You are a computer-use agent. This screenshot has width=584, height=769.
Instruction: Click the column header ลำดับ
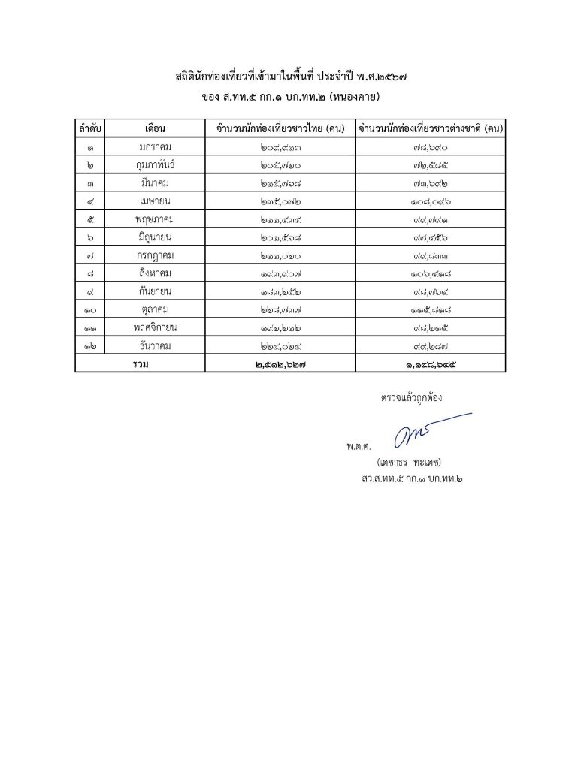pyautogui.click(x=89, y=128)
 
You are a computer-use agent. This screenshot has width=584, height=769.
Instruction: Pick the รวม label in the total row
pyautogui.click(x=140, y=364)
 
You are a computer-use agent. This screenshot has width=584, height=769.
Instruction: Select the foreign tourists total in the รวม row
pyautogui.click(x=431, y=364)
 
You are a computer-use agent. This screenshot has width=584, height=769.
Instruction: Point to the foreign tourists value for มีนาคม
pyautogui.click(x=431, y=182)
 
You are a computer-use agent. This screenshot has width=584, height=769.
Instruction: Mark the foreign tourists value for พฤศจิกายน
pyautogui.click(x=431, y=328)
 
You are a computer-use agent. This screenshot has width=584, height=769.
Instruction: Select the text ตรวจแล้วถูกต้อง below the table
pyautogui.click(x=412, y=397)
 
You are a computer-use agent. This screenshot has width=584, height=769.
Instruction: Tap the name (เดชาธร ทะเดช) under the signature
pyautogui.click(x=413, y=462)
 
